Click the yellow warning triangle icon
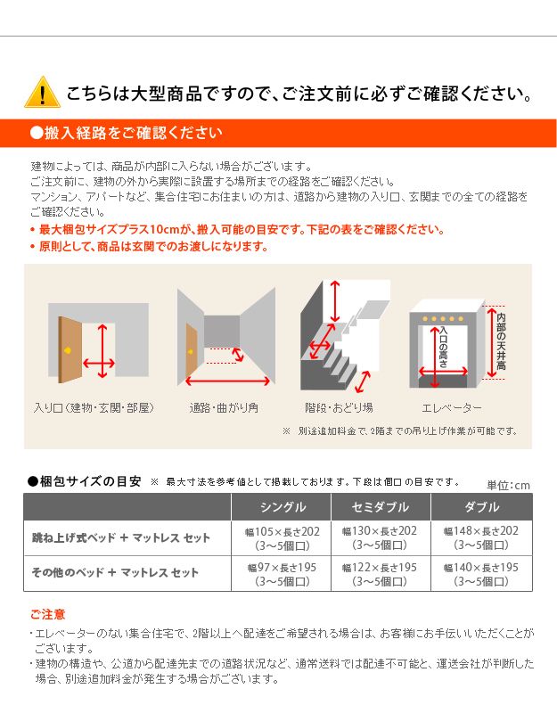coord(42,92)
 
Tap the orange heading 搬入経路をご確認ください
coord(126,133)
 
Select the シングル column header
coord(283,507)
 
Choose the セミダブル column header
coord(381,507)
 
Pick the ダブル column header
coord(481,507)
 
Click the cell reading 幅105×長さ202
coord(282,537)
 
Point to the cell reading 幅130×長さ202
coord(380,537)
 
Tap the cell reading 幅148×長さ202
coord(481,537)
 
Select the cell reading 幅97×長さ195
coord(282,574)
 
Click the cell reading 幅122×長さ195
coord(380,574)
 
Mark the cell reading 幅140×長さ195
coord(481,574)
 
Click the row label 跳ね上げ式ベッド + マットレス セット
coord(120,537)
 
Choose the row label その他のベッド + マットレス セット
coord(115,573)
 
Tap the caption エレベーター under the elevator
coord(451,408)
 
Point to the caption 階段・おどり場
coord(339,408)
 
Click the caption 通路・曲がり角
coord(224,408)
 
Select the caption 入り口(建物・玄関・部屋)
coord(94,408)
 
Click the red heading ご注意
coord(47,614)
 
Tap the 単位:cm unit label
coord(508,486)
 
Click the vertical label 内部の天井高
coord(501,341)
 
